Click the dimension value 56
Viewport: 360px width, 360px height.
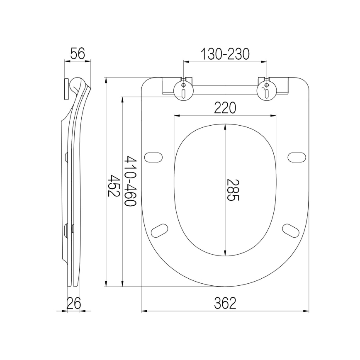pyautogui.click(x=78, y=54)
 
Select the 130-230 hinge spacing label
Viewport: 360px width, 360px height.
pyautogui.click(x=225, y=54)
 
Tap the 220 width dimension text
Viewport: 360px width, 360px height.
pyautogui.click(x=225, y=108)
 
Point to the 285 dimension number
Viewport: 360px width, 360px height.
pyautogui.click(x=233, y=190)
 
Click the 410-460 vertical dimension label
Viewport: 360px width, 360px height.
pyautogui.click(x=130, y=181)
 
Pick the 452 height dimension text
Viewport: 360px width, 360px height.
pyautogui.click(x=114, y=186)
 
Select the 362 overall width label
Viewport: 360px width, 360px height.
pyautogui.click(x=225, y=303)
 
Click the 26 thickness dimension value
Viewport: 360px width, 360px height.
pyautogui.click(x=74, y=303)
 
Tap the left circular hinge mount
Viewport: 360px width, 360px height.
pyautogui.click(x=183, y=91)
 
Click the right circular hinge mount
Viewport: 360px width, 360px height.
pyautogui.click(x=266, y=91)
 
